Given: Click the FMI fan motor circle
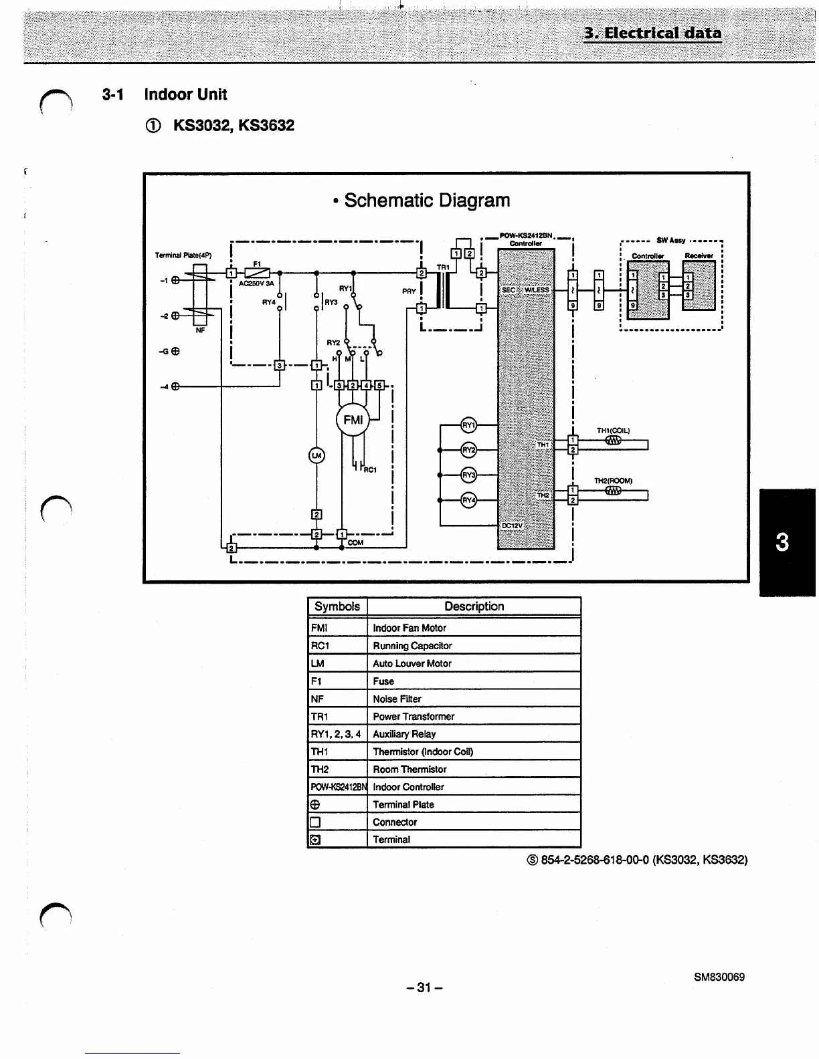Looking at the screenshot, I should click(353, 420).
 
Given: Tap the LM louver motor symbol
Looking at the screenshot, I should click(316, 455).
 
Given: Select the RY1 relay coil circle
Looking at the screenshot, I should click(469, 425).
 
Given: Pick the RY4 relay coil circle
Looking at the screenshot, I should click(469, 500).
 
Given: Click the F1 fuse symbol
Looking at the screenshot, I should click(258, 272).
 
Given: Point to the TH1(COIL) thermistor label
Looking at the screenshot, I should click(613, 431).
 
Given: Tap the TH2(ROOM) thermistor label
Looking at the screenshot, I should click(613, 481).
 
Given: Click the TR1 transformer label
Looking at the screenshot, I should click(443, 267).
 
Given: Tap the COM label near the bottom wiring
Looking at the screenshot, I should click(356, 542).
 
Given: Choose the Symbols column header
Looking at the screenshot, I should click(337, 606).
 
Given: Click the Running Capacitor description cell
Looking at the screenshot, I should click(412, 646).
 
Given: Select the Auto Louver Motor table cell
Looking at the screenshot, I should click(412, 663).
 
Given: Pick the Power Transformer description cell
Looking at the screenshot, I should click(414, 716).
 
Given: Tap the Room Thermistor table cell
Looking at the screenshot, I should click(409, 769).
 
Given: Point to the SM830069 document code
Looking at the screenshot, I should click(719, 977).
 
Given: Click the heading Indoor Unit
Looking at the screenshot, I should click(185, 95).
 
